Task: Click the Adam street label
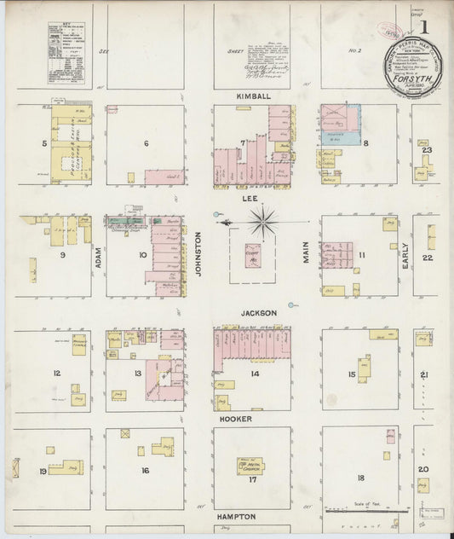pos(99,252)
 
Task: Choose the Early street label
pos(405,254)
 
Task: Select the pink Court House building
pos(253,255)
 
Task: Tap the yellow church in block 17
pos(250,467)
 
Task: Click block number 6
pos(146,143)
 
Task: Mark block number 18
pos(361,478)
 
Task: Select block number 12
pos(57,373)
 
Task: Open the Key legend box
pos(66,53)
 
